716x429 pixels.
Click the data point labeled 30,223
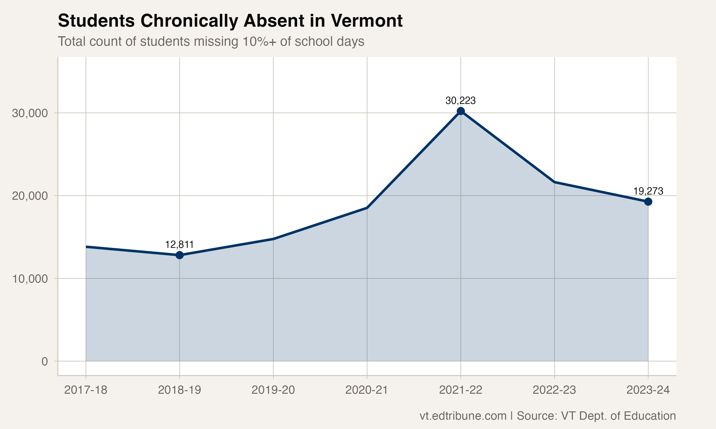(x=461, y=111)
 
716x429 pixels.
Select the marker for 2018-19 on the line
(x=179, y=255)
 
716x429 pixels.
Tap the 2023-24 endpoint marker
(x=648, y=201)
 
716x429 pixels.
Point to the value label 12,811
(x=179, y=245)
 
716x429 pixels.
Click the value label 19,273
(x=648, y=191)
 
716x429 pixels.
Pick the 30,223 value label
(x=460, y=101)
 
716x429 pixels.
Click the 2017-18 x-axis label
(x=86, y=390)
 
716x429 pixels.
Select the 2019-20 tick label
(x=273, y=390)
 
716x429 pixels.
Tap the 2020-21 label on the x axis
(x=367, y=390)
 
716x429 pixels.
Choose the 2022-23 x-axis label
(x=554, y=390)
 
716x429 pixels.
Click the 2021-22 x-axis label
(x=461, y=390)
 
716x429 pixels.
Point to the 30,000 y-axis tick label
(x=30, y=113)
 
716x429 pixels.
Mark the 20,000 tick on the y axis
(x=30, y=196)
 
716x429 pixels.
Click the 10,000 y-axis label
(x=30, y=279)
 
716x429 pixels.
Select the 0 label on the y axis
(x=45, y=361)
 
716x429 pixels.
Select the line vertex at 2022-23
(x=554, y=182)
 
